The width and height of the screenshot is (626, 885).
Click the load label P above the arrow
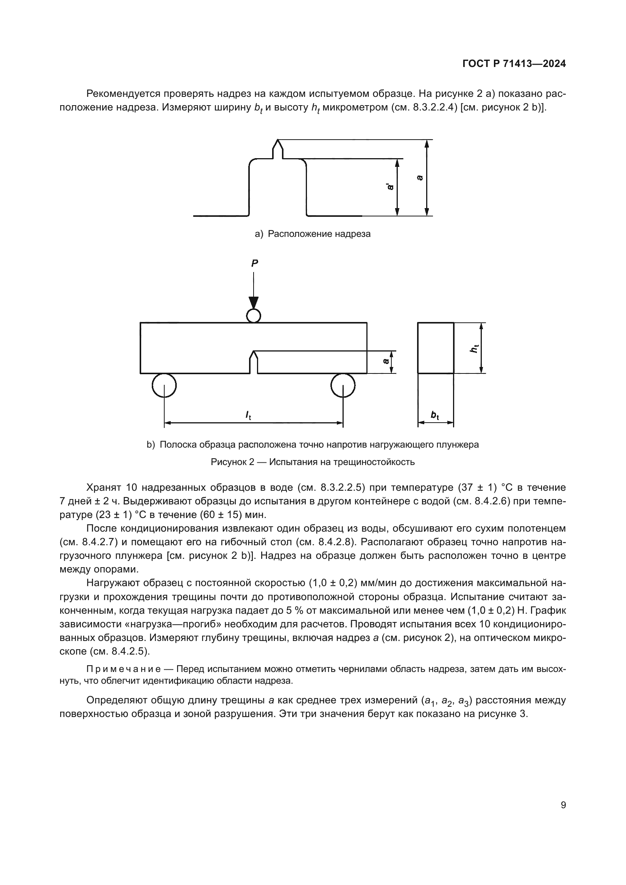(254, 263)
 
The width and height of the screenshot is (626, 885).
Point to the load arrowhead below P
(253, 303)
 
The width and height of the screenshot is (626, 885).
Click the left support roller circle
(164, 385)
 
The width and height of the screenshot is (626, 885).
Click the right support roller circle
(343, 385)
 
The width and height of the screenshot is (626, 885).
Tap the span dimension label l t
(248, 415)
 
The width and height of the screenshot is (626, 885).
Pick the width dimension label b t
(435, 415)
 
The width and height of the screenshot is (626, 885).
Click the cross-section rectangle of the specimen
(436, 348)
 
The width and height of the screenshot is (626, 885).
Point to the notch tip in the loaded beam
(253, 352)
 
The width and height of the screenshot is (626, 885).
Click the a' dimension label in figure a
(391, 187)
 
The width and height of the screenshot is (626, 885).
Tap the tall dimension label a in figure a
(420, 178)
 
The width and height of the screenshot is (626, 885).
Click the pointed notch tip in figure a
(278, 141)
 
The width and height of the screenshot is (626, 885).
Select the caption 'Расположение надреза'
(319, 234)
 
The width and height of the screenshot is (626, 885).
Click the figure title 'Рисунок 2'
(232, 462)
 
